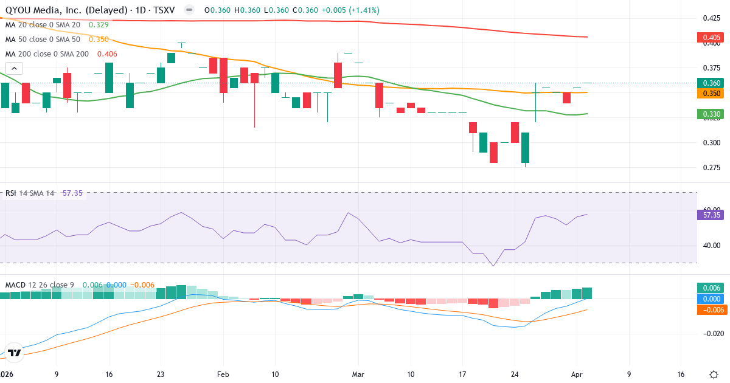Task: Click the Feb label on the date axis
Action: tap(223, 374)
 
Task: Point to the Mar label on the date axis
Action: tap(359, 374)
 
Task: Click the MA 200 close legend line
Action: tap(61, 53)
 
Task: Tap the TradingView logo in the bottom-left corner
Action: tap(15, 353)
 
